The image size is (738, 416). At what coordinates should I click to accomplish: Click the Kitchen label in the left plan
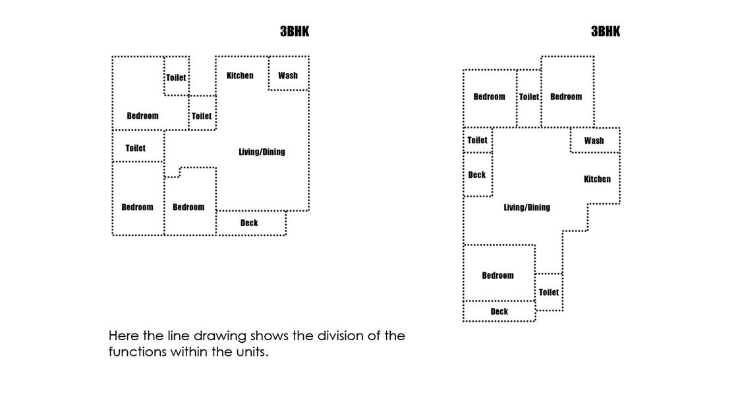coord(240,75)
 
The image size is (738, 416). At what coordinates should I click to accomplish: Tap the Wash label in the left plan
coord(288,75)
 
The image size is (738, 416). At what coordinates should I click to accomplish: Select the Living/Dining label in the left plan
coord(262,152)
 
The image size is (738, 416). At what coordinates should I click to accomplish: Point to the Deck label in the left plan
coord(249,223)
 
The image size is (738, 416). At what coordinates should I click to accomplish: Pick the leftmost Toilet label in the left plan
coord(136,148)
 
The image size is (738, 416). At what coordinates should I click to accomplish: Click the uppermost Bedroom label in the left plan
coord(142,116)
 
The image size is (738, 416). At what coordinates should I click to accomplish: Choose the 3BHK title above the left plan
coord(295,32)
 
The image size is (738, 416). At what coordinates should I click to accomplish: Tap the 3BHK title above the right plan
coord(606,32)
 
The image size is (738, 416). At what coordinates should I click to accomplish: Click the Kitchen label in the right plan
coord(597,179)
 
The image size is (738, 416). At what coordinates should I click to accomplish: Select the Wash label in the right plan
coord(594,140)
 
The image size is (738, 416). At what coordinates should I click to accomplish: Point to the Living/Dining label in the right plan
coord(526,207)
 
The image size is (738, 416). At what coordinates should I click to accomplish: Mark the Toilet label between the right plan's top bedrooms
coord(529,96)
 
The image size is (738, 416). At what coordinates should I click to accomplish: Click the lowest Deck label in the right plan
coord(499,311)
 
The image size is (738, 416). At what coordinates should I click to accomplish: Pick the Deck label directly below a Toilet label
coord(477,175)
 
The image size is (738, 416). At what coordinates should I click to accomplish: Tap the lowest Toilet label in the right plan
coord(549,292)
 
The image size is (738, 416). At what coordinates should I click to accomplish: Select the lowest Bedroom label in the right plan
coord(497,276)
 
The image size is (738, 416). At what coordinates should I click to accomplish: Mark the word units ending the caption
coord(250,352)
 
